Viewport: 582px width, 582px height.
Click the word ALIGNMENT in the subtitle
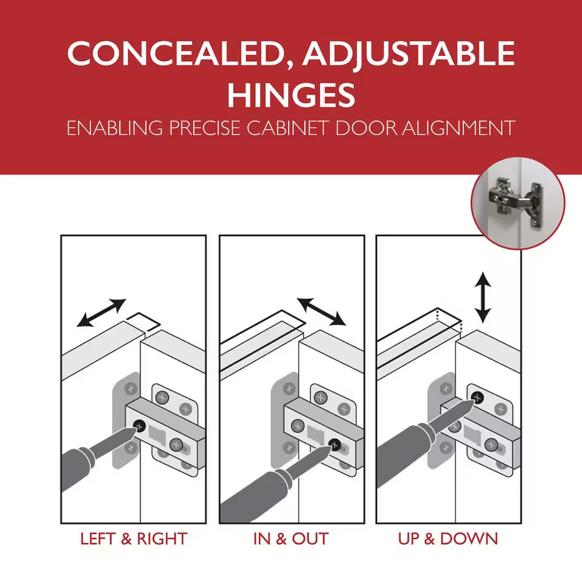coord(459,128)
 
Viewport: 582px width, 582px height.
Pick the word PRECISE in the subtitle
coord(204,128)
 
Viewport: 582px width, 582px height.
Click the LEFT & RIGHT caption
coord(134,539)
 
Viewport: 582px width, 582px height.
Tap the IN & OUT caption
coord(291,539)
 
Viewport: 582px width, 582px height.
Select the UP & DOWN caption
coord(448,539)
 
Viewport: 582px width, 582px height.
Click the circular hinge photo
coord(518,203)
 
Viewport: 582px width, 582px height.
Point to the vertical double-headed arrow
coord(483,297)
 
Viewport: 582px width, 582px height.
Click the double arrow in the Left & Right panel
coord(101,313)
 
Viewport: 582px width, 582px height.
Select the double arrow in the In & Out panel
coord(321,311)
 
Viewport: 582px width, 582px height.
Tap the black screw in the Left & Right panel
coord(139,426)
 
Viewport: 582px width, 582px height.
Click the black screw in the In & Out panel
coord(335,444)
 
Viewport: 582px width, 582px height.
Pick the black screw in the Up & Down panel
coord(478,398)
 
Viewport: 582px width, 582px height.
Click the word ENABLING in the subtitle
coord(115,128)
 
